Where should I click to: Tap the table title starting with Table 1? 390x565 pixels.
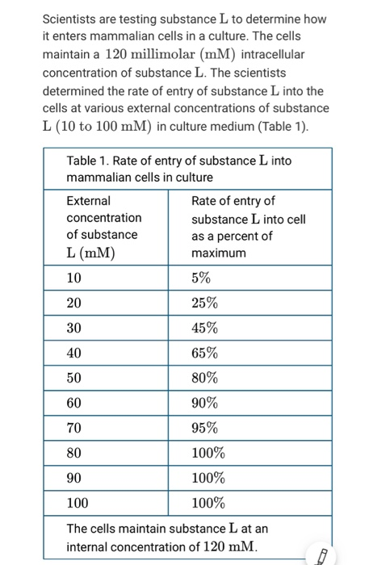pyautogui.click(x=178, y=168)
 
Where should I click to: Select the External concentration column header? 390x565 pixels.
pyautogui.click(x=103, y=227)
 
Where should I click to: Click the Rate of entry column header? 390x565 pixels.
pyautogui.click(x=248, y=227)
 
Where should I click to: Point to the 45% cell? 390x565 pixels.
pyautogui.click(x=204, y=328)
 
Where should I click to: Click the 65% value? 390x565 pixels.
pyautogui.click(x=204, y=353)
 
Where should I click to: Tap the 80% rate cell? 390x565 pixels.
pyautogui.click(x=204, y=378)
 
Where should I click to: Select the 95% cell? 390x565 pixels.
pyautogui.click(x=204, y=428)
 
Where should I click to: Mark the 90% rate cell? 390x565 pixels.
pyautogui.click(x=204, y=403)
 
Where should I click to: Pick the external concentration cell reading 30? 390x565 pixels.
pyautogui.click(x=74, y=328)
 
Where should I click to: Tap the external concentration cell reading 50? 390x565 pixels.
pyautogui.click(x=74, y=378)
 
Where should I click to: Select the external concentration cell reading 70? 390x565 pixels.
pyautogui.click(x=74, y=428)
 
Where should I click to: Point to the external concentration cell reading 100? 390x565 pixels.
pyautogui.click(x=78, y=503)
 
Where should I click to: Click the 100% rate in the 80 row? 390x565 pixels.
pyautogui.click(x=208, y=453)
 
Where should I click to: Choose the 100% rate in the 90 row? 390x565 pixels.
pyautogui.click(x=208, y=478)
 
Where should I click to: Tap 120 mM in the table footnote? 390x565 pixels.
pyautogui.click(x=231, y=547)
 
